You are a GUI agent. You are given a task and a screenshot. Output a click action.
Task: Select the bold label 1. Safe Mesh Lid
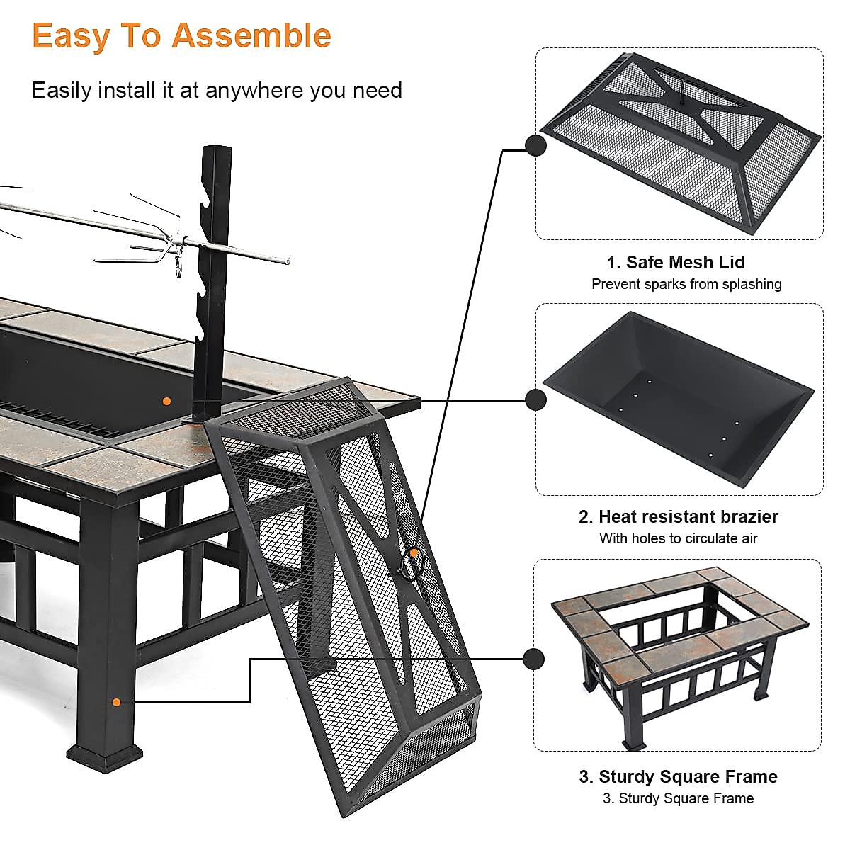point(675,262)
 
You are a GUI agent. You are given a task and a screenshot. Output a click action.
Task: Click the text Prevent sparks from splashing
point(686,284)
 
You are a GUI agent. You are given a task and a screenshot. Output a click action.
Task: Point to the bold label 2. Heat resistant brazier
point(678,516)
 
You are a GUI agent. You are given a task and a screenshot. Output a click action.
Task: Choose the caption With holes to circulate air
point(678,538)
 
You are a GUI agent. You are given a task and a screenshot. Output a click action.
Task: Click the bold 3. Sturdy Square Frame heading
point(678,776)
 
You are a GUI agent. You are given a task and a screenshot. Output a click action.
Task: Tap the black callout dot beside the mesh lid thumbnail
point(535,146)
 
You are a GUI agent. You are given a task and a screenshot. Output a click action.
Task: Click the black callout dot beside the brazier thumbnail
point(535,400)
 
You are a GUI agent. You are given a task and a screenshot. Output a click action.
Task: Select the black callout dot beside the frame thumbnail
point(533,658)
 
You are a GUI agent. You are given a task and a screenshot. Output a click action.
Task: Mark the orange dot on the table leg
point(116,702)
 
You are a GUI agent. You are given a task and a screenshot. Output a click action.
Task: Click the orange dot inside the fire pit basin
point(166,401)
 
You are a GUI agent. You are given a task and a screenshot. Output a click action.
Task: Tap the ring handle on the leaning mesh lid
point(412,563)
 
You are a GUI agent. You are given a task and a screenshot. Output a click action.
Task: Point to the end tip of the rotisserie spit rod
point(287,261)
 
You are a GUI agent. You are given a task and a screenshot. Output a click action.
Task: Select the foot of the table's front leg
point(103,757)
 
